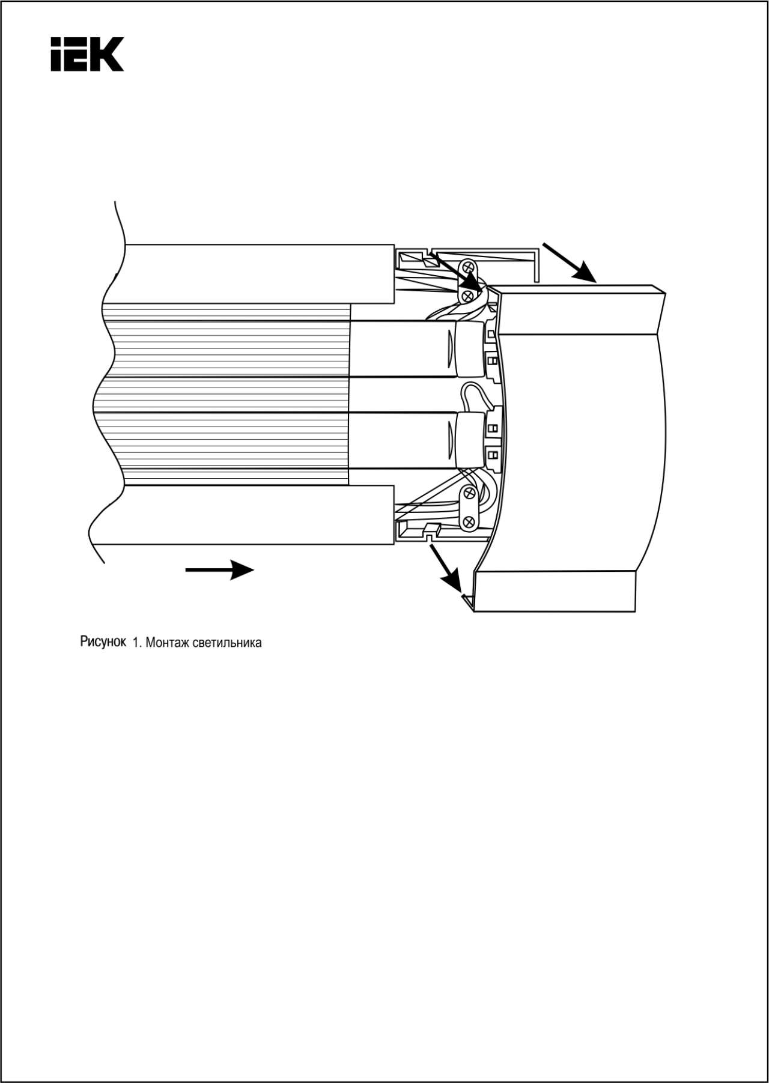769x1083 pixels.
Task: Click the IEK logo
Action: pos(87,54)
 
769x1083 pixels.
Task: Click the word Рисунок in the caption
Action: pos(103,642)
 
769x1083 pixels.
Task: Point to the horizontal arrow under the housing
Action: pos(219,570)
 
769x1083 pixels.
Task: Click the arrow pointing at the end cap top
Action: pos(569,262)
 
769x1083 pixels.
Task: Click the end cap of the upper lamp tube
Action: pos(470,349)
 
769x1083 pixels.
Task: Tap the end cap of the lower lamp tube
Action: pos(470,439)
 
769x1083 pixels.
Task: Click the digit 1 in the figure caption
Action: pos(135,643)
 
